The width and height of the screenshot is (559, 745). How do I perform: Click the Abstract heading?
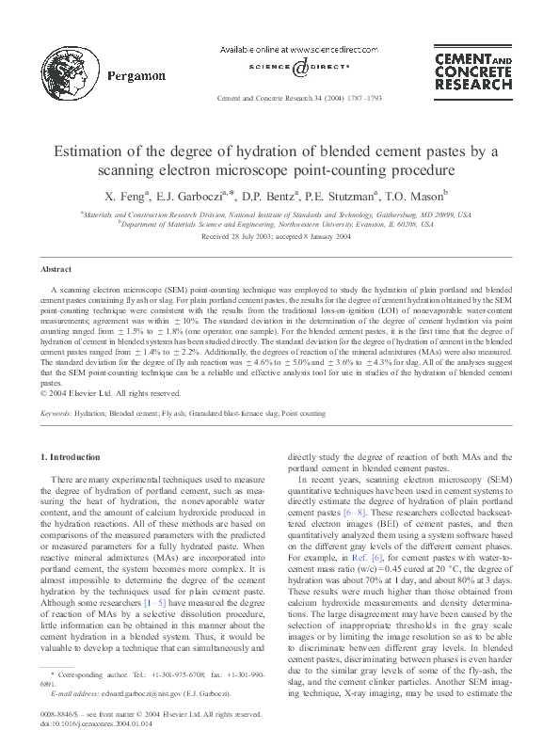(57, 269)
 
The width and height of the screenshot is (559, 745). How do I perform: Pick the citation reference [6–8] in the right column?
(352, 513)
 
